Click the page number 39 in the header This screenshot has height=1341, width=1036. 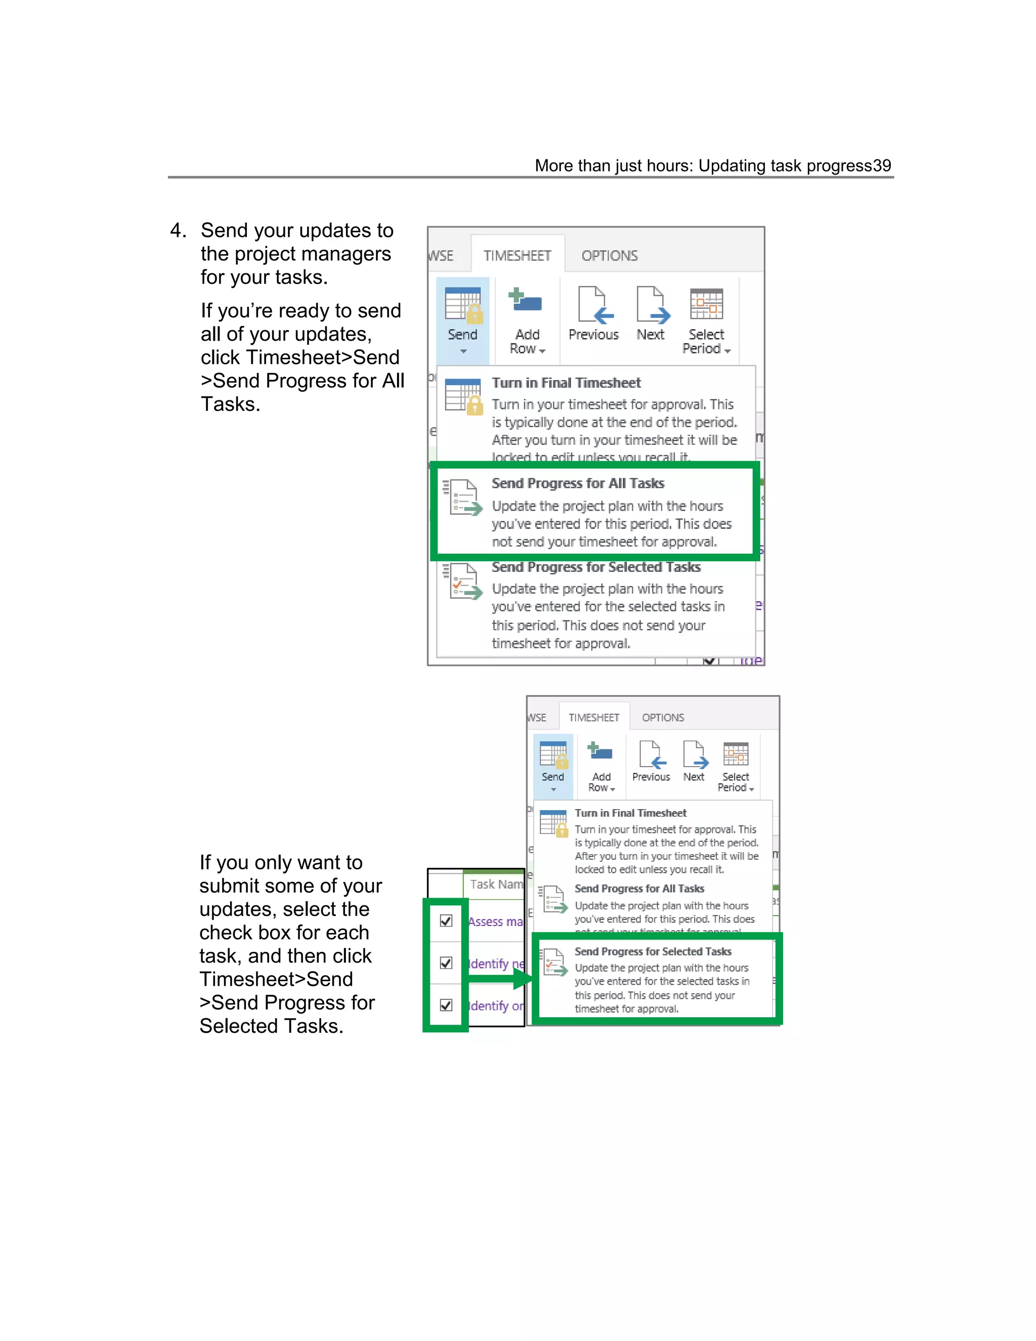(x=881, y=166)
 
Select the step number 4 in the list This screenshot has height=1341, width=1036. (x=178, y=231)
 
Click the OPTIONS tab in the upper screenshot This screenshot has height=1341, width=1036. (x=610, y=256)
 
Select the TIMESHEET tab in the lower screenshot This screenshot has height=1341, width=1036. (x=593, y=718)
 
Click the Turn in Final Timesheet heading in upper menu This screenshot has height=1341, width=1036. (x=566, y=383)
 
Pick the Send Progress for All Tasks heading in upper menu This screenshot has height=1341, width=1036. (x=578, y=484)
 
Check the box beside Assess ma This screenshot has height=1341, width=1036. (x=446, y=920)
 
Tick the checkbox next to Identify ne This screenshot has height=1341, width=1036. (x=446, y=963)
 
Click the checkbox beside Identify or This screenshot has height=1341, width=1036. (x=446, y=1005)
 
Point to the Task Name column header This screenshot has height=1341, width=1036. (x=495, y=884)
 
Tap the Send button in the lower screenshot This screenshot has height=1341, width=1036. (x=553, y=765)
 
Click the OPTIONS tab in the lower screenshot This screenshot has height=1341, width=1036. (x=663, y=718)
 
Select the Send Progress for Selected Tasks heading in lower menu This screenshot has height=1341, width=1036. (x=653, y=952)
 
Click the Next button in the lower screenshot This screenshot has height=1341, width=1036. (x=694, y=762)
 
